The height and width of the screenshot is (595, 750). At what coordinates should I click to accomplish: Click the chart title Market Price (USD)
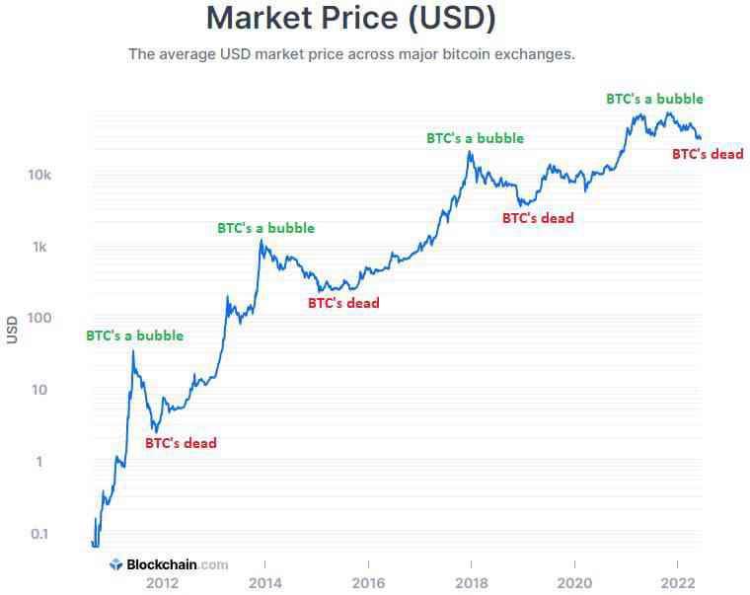(x=351, y=18)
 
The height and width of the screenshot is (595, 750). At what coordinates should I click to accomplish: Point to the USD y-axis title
(x=13, y=329)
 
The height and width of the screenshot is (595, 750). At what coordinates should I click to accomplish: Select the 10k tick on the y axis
(x=38, y=175)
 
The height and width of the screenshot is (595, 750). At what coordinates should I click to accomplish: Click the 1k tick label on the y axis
(x=40, y=247)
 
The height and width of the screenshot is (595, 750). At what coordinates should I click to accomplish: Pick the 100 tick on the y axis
(x=37, y=319)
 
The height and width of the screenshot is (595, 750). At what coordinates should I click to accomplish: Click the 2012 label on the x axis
(x=162, y=583)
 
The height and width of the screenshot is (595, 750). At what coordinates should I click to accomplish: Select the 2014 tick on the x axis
(x=264, y=583)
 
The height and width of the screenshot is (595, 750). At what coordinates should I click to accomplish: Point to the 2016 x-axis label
(x=368, y=583)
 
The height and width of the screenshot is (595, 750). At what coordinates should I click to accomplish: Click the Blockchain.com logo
(x=169, y=565)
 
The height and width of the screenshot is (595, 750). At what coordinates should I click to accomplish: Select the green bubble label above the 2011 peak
(x=134, y=335)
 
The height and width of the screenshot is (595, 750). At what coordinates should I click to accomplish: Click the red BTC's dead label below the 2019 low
(x=538, y=218)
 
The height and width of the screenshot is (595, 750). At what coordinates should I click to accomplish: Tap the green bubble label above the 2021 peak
(x=654, y=99)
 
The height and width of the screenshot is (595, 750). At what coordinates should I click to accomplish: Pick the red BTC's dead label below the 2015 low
(x=343, y=303)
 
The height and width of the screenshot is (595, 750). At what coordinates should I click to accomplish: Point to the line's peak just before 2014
(x=262, y=240)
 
